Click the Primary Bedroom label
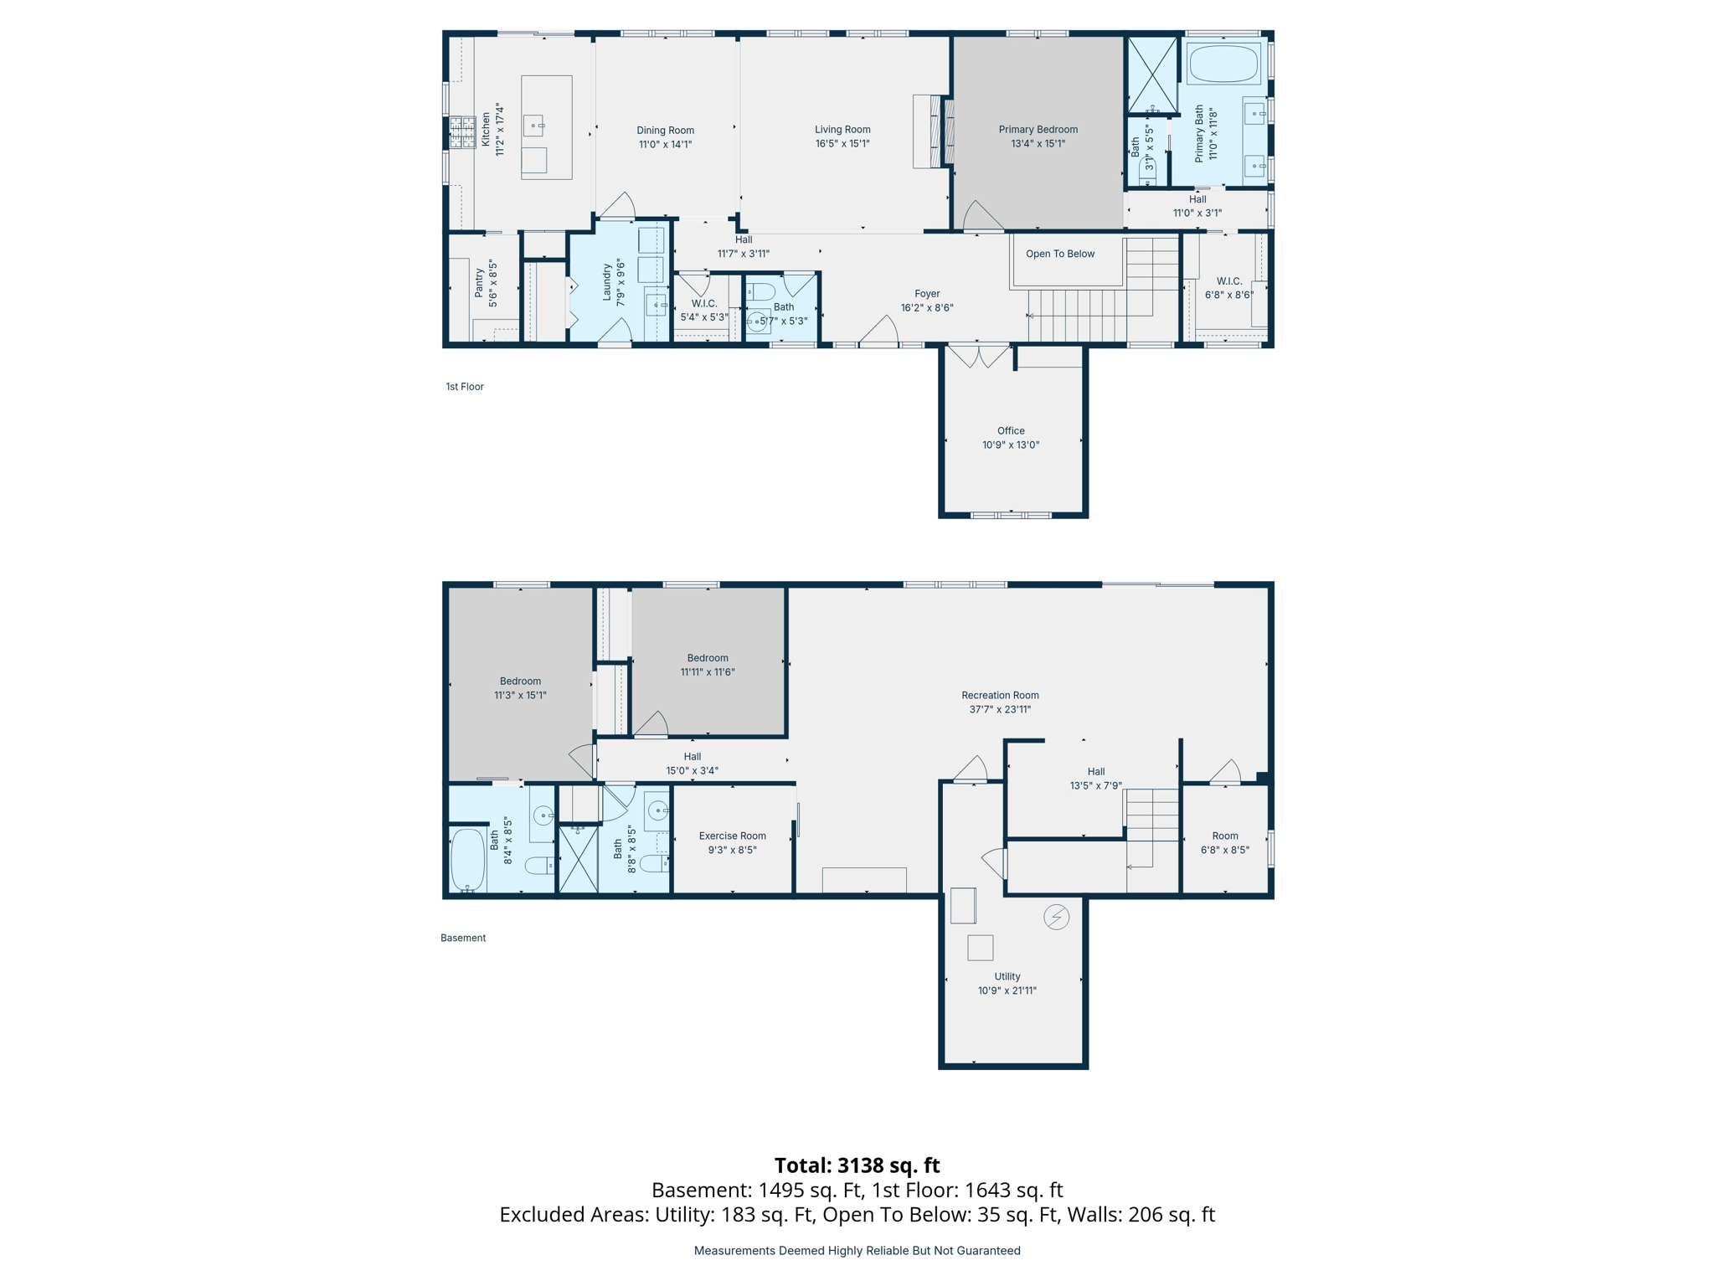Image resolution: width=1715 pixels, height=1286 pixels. (1038, 130)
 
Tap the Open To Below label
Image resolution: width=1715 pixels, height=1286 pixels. (1060, 254)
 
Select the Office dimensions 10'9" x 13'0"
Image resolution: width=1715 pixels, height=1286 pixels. (1011, 445)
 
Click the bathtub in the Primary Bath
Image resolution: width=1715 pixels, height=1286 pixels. (1223, 64)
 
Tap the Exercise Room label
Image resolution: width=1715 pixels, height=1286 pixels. (732, 836)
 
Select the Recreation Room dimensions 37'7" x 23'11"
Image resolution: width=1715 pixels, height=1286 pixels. (1000, 709)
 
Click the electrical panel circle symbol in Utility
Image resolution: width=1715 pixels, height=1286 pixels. (1056, 917)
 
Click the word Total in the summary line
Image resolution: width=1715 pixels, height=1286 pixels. (802, 1165)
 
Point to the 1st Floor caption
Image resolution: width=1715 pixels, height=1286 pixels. (465, 387)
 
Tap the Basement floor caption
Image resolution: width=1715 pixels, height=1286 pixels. (463, 938)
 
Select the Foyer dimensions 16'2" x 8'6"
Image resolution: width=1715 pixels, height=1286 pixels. (927, 308)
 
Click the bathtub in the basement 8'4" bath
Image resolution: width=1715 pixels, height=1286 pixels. (468, 860)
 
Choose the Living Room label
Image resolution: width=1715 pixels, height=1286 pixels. (842, 130)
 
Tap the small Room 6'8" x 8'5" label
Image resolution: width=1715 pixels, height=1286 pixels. (1224, 836)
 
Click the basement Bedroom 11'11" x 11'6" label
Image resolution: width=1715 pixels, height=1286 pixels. (708, 658)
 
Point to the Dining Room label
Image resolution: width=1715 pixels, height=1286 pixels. (665, 131)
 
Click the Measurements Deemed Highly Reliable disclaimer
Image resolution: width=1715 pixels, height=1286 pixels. (857, 1251)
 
